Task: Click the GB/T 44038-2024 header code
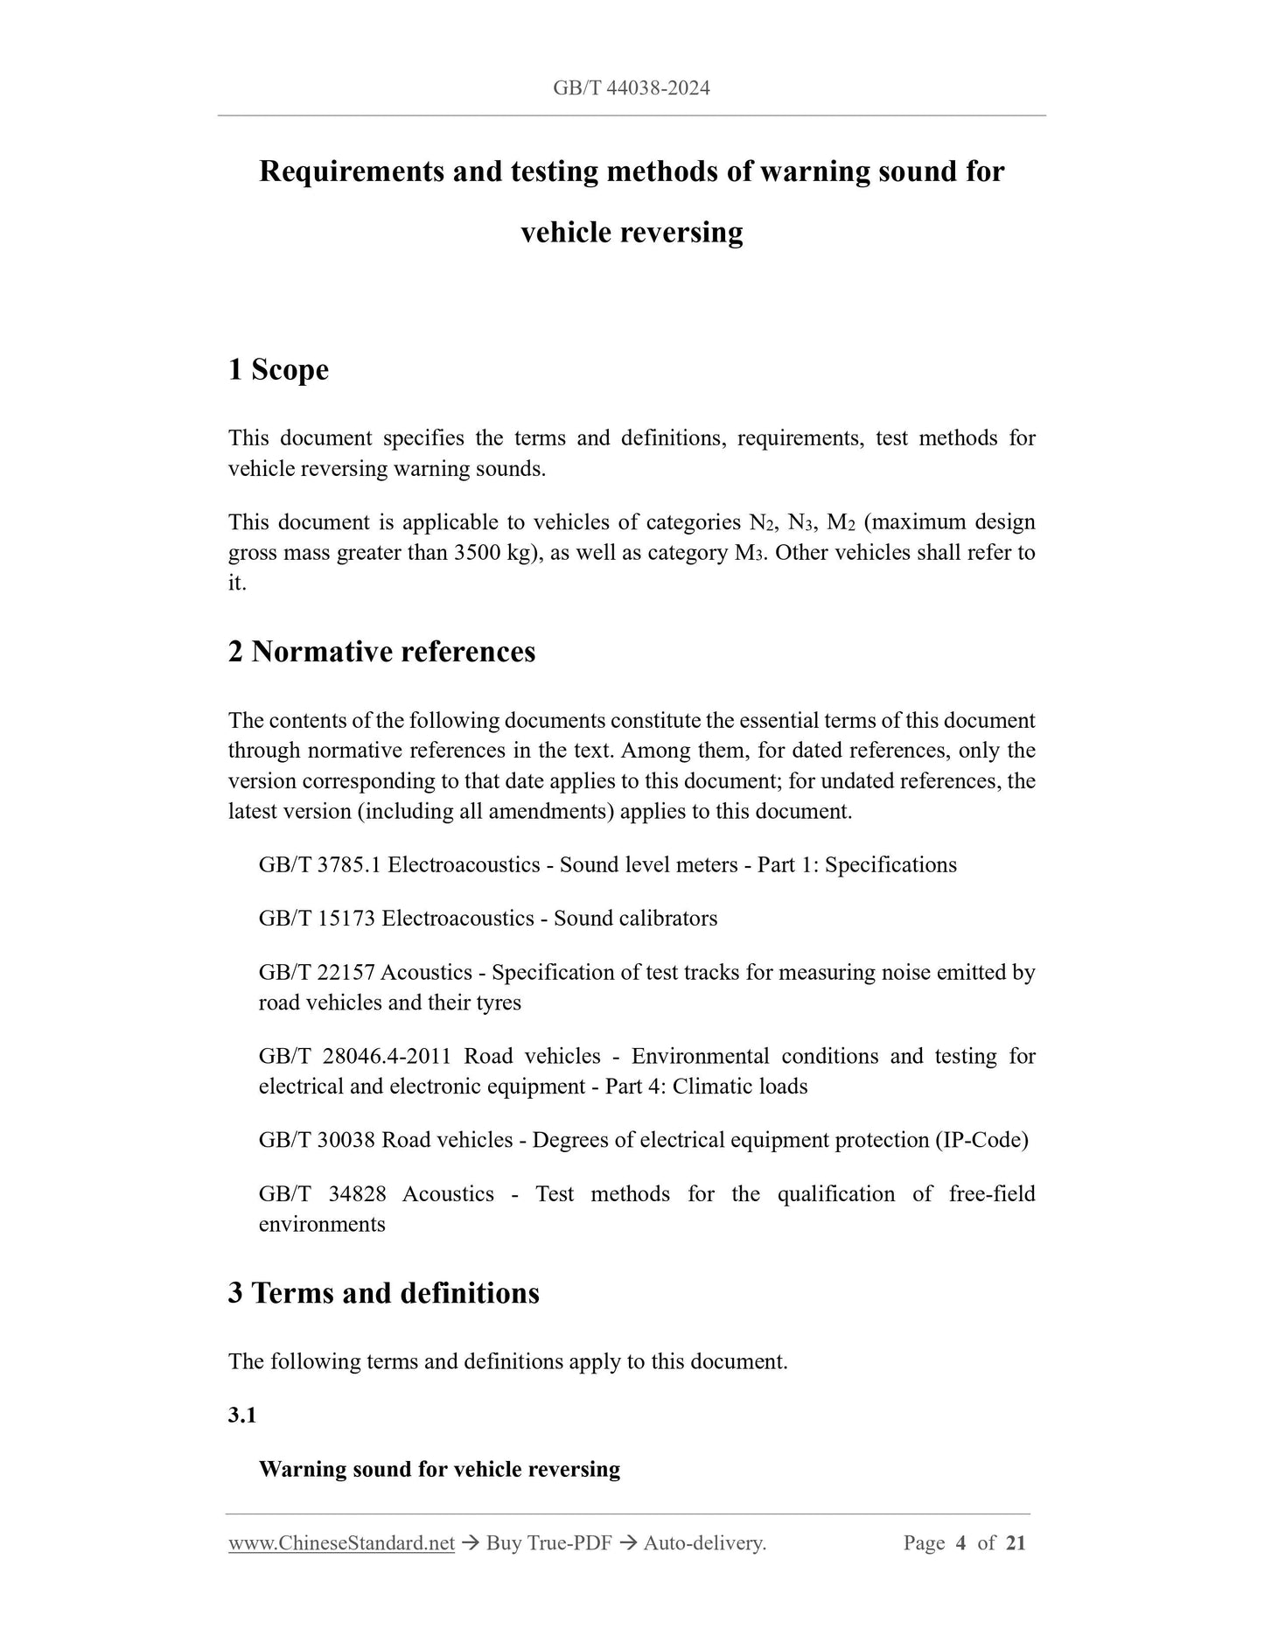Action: [631, 87]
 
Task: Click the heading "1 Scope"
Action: [278, 370]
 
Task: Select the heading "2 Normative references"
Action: [381, 652]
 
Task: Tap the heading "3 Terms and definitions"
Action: [383, 1293]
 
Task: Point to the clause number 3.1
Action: [242, 1416]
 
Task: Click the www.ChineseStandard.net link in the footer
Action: [341, 1543]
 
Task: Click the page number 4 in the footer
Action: [960, 1543]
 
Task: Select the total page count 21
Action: [1016, 1543]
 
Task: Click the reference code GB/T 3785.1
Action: [320, 865]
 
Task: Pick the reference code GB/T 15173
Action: [317, 919]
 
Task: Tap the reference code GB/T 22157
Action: [317, 973]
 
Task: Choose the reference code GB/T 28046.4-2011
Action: [354, 1057]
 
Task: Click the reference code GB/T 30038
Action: [317, 1141]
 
